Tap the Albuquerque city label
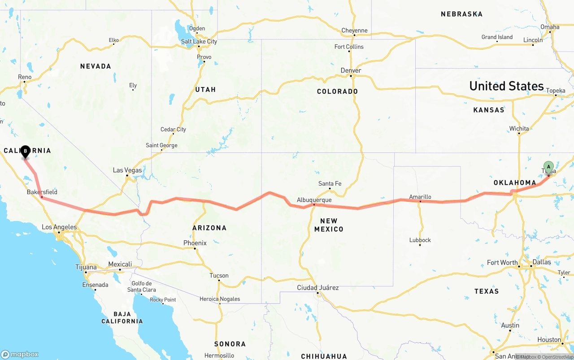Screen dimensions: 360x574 click(314, 200)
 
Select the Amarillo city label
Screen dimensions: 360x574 click(420, 197)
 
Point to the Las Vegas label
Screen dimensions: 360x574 click(127, 170)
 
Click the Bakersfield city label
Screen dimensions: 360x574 click(42, 192)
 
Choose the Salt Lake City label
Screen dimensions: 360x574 click(199, 42)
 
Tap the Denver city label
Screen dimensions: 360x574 click(351, 70)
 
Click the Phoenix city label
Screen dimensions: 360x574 click(195, 243)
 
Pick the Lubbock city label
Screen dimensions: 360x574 click(420, 240)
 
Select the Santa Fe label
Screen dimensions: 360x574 click(330, 183)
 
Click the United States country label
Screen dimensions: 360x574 click(506, 86)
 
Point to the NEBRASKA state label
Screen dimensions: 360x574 click(461, 14)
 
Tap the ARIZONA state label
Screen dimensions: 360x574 click(209, 228)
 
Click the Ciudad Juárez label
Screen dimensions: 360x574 click(317, 287)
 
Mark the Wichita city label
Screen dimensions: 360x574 click(519, 129)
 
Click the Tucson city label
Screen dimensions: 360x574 click(219, 275)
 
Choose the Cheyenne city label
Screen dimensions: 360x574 click(354, 30)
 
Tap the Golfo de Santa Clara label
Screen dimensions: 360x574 click(141, 286)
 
